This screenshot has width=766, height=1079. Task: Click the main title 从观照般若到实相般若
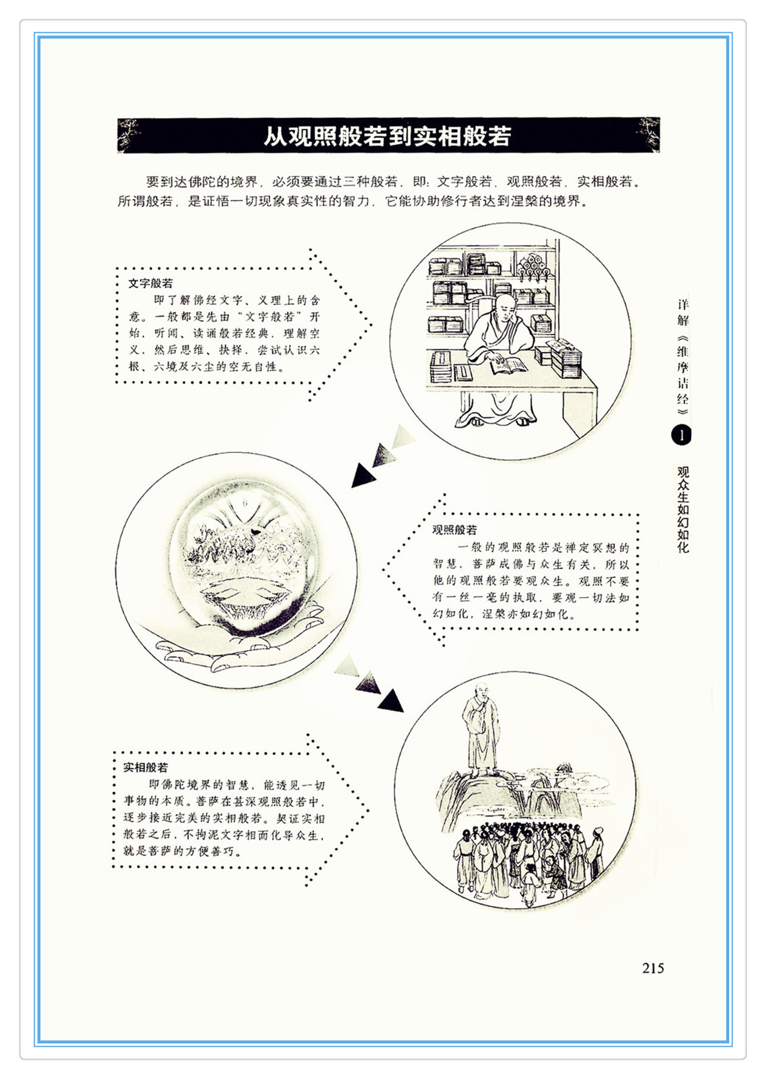point(388,136)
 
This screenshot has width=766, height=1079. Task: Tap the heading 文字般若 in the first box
point(150,283)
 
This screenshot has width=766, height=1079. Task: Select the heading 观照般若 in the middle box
point(454,530)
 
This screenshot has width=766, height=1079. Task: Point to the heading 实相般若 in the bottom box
point(146,767)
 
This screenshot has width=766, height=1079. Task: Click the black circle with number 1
point(681,436)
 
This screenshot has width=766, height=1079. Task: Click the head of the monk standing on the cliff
point(480,693)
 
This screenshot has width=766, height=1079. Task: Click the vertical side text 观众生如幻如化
point(683,509)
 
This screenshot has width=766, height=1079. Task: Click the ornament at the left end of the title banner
point(128,135)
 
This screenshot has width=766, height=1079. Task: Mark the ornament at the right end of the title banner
point(648,135)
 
